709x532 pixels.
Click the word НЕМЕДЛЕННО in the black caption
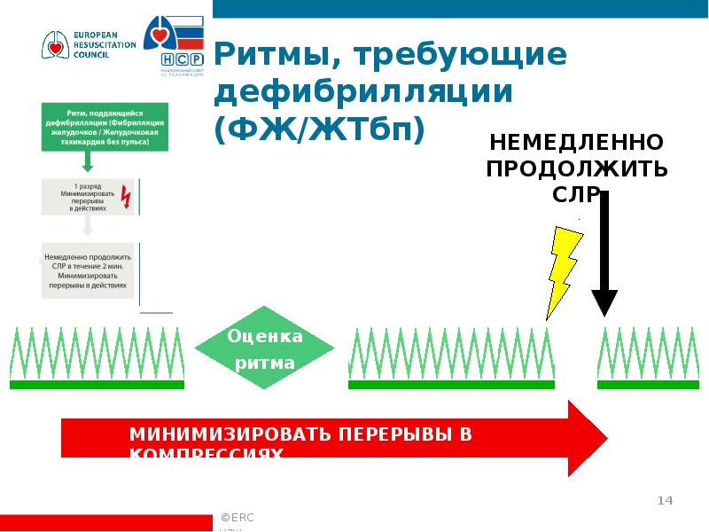tap(576, 143)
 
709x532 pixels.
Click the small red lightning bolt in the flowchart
tap(125, 197)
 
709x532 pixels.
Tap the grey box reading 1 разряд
tap(88, 196)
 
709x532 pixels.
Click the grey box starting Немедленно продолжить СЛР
tap(88, 270)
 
